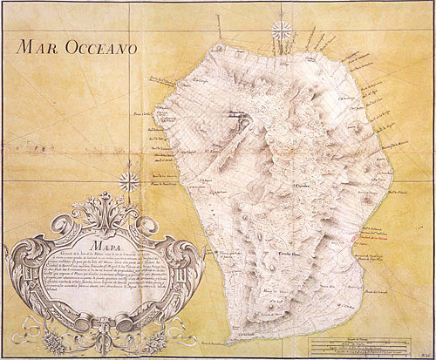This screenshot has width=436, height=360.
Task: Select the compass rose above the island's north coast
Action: (282, 31)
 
